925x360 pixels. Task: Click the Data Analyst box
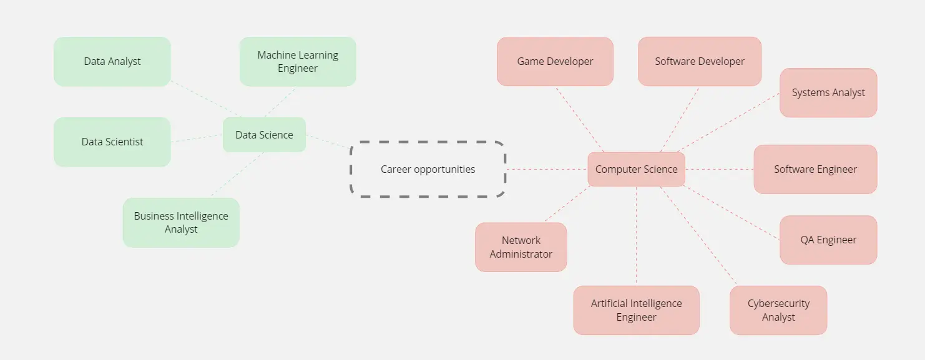(112, 61)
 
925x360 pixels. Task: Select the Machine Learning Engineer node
(298, 61)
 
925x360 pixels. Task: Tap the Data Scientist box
(112, 142)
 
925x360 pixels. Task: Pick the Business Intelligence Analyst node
(181, 223)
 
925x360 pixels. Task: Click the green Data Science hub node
(264, 135)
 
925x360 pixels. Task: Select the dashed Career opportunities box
(428, 169)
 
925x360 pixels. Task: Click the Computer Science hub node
(636, 169)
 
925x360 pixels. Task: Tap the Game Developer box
(555, 61)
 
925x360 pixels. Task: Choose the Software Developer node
(699, 61)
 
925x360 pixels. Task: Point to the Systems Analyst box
(828, 92)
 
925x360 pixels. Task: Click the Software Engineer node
(815, 169)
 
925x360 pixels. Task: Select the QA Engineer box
(828, 240)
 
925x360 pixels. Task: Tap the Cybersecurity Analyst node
(778, 310)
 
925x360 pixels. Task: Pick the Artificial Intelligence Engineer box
(636, 310)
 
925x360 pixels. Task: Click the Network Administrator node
(521, 247)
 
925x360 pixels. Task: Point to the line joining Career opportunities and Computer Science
(546, 169)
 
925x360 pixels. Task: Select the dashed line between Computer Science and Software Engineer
(720, 169)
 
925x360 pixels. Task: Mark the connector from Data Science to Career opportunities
(328, 142)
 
